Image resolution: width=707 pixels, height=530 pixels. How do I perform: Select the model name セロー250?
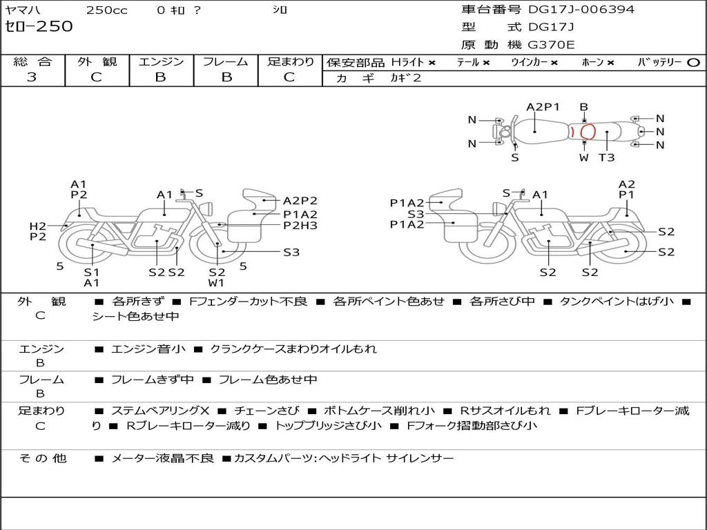pos(39,27)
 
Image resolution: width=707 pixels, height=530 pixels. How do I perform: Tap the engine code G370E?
pos(551,45)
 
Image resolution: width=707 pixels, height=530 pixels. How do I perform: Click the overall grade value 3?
pos(32,77)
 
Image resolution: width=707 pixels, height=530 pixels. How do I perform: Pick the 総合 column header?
pos(32,61)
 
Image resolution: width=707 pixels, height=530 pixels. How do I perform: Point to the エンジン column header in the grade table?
pos(161,61)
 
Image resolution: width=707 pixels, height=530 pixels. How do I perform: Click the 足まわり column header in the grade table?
pos(291,61)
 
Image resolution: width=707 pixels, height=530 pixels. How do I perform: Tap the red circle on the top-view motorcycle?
pos(588,132)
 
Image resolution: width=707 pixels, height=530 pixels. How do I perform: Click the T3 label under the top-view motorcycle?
pos(606,157)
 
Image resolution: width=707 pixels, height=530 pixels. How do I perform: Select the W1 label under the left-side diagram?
pos(217,282)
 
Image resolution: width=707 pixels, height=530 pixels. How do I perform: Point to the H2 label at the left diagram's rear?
pos(37,226)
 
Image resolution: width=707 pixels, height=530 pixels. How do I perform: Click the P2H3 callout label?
pos(300,226)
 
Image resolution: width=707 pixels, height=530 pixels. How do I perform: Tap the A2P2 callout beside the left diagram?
pos(300,201)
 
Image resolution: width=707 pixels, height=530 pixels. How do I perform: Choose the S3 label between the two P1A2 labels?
pos(416,214)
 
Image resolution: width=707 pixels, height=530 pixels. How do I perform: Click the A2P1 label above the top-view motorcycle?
pos(543,107)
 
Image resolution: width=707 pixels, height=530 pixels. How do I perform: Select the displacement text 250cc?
pos(106,10)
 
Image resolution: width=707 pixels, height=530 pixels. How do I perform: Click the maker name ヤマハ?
pos(22,10)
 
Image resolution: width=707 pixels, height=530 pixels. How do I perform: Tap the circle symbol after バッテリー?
pos(693,62)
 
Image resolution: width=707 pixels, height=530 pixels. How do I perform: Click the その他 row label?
pos(42,458)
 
